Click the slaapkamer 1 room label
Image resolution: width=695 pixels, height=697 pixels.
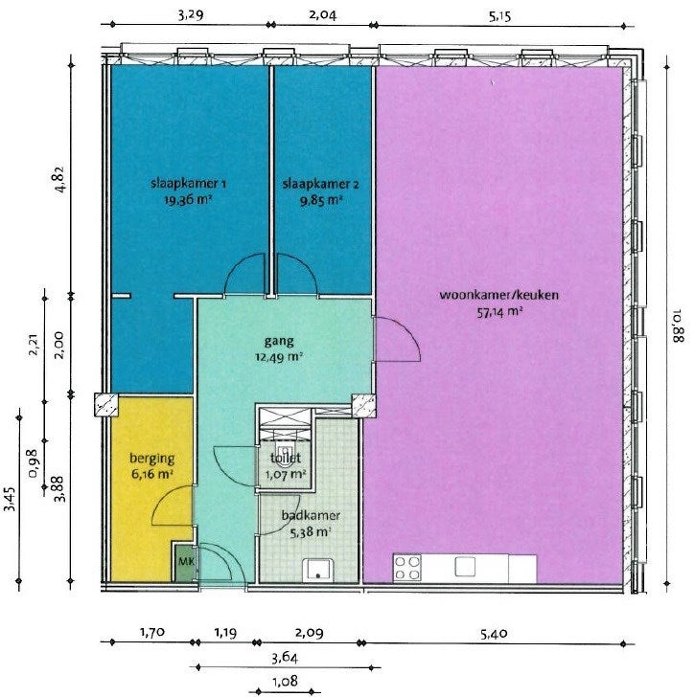pos(188,183)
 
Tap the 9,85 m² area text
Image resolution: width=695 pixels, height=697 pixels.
pos(321,200)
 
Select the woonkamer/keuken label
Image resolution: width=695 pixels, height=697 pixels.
pos(498,295)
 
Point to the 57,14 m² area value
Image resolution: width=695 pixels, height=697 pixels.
pos(499,312)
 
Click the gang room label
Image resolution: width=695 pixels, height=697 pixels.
pos(279,342)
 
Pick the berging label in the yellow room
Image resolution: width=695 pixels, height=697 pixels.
pos(152,459)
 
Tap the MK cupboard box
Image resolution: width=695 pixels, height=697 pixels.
pos(185,562)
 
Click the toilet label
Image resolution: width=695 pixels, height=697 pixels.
pos(286,458)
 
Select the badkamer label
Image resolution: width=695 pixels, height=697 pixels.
pos(311,516)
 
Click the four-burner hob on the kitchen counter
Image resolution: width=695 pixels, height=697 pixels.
pos(407,568)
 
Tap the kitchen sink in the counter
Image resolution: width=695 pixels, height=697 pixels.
pos(465,567)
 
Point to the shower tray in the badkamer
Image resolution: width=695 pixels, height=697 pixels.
pos(317,571)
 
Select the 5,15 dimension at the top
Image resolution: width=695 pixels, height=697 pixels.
pos(500,17)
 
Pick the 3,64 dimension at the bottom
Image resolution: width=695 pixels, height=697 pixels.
pos(285,658)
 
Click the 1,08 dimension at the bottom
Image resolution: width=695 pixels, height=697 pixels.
pos(285,681)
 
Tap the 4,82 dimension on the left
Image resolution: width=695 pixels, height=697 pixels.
pos(59,179)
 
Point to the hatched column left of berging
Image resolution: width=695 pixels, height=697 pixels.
pos(106,404)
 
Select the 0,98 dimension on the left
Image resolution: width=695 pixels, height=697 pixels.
pos(33,463)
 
